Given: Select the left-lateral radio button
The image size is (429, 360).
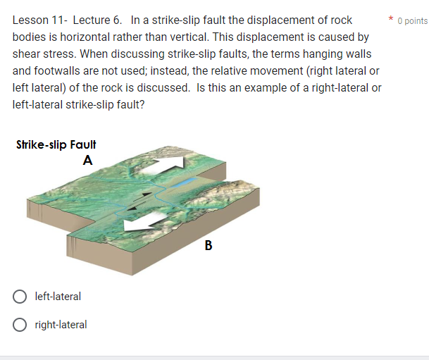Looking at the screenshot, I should pyautogui.click(x=20, y=297).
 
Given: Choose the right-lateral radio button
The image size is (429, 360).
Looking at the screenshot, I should pyautogui.click(x=20, y=325).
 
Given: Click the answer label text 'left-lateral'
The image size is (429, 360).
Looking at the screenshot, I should pyautogui.click(x=58, y=297).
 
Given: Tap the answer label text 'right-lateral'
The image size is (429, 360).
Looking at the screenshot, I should pyautogui.click(x=61, y=325).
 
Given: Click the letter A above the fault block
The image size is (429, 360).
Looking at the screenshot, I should pyautogui.click(x=87, y=160).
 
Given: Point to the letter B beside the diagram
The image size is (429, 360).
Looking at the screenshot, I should pyautogui.click(x=208, y=246).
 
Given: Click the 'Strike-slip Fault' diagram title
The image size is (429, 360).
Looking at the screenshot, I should pyautogui.click(x=56, y=144).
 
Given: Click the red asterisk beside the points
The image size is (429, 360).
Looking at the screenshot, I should pyautogui.click(x=391, y=20).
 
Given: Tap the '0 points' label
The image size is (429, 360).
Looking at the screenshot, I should pyautogui.click(x=412, y=20).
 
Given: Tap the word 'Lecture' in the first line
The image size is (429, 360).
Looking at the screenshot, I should pyautogui.click(x=92, y=20).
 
